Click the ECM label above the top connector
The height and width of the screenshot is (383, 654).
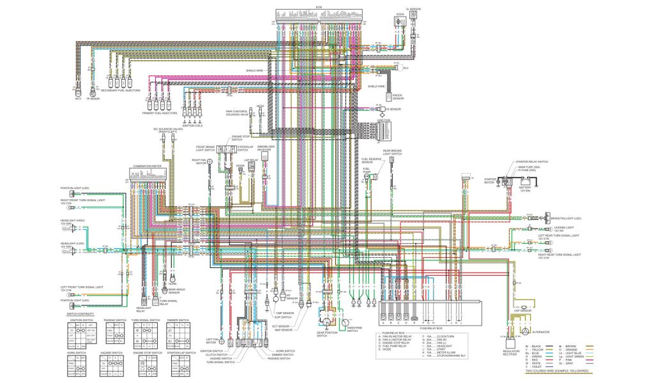[x=319, y=7]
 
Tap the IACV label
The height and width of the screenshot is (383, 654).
[x=78, y=99]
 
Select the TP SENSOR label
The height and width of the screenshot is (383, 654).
[x=94, y=99]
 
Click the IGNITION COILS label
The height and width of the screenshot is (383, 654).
[x=192, y=126]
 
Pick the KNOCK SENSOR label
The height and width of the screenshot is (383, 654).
[x=398, y=99]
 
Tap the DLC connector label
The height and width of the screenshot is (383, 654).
[x=405, y=68]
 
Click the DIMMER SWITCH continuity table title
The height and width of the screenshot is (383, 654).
[x=177, y=319]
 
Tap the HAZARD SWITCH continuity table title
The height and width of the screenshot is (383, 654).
[x=110, y=352]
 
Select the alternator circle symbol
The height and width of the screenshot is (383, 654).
[x=525, y=331]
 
